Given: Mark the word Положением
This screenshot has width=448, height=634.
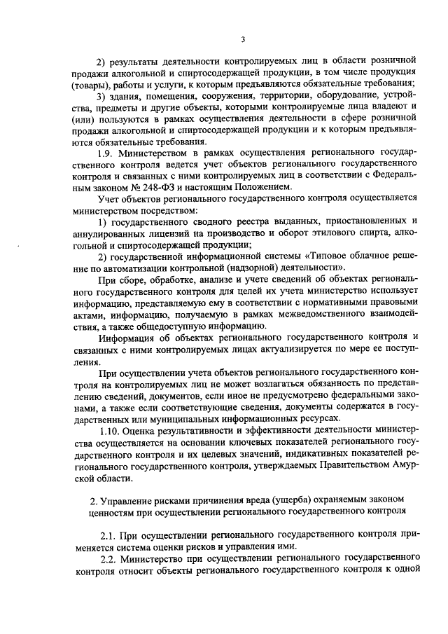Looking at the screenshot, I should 260,188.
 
